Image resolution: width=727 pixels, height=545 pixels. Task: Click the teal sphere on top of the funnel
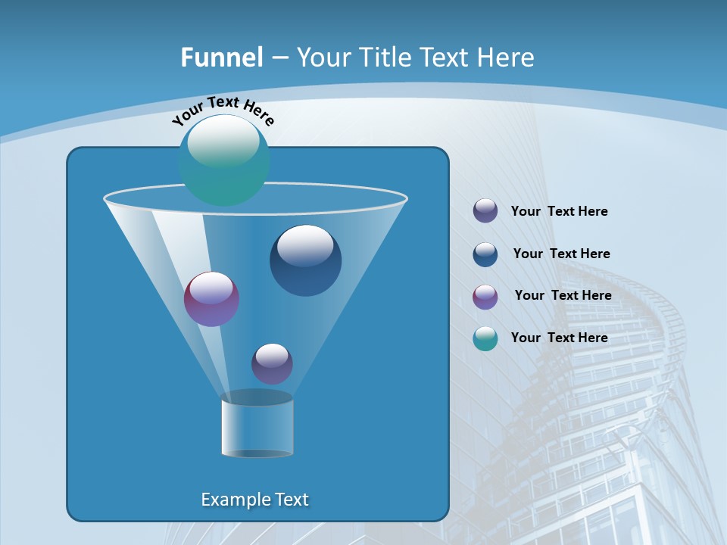pos(224,160)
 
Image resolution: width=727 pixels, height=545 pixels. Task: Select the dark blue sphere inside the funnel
pos(305,260)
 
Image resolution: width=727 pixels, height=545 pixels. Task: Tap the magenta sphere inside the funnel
pos(211,299)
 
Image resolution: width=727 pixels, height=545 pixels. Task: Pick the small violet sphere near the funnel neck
pos(272,363)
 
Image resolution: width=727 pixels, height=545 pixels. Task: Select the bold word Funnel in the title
pos(222,58)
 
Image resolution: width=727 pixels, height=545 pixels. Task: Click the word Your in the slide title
pos(323,58)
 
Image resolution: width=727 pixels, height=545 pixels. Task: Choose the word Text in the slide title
pos(445,58)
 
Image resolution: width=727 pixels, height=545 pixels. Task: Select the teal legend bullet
pos(485,338)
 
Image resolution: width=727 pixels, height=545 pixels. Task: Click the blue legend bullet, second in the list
pos(485,254)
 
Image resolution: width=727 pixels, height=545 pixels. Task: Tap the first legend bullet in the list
pos(485,210)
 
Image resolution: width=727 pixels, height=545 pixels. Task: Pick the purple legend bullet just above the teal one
pos(485,297)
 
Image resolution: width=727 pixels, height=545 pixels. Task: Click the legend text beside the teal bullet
pos(559,338)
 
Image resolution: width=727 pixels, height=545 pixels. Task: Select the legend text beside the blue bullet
pos(561,254)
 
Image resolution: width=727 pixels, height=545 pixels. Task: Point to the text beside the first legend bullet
pos(559,211)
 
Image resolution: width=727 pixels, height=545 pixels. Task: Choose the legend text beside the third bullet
pos(563,295)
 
